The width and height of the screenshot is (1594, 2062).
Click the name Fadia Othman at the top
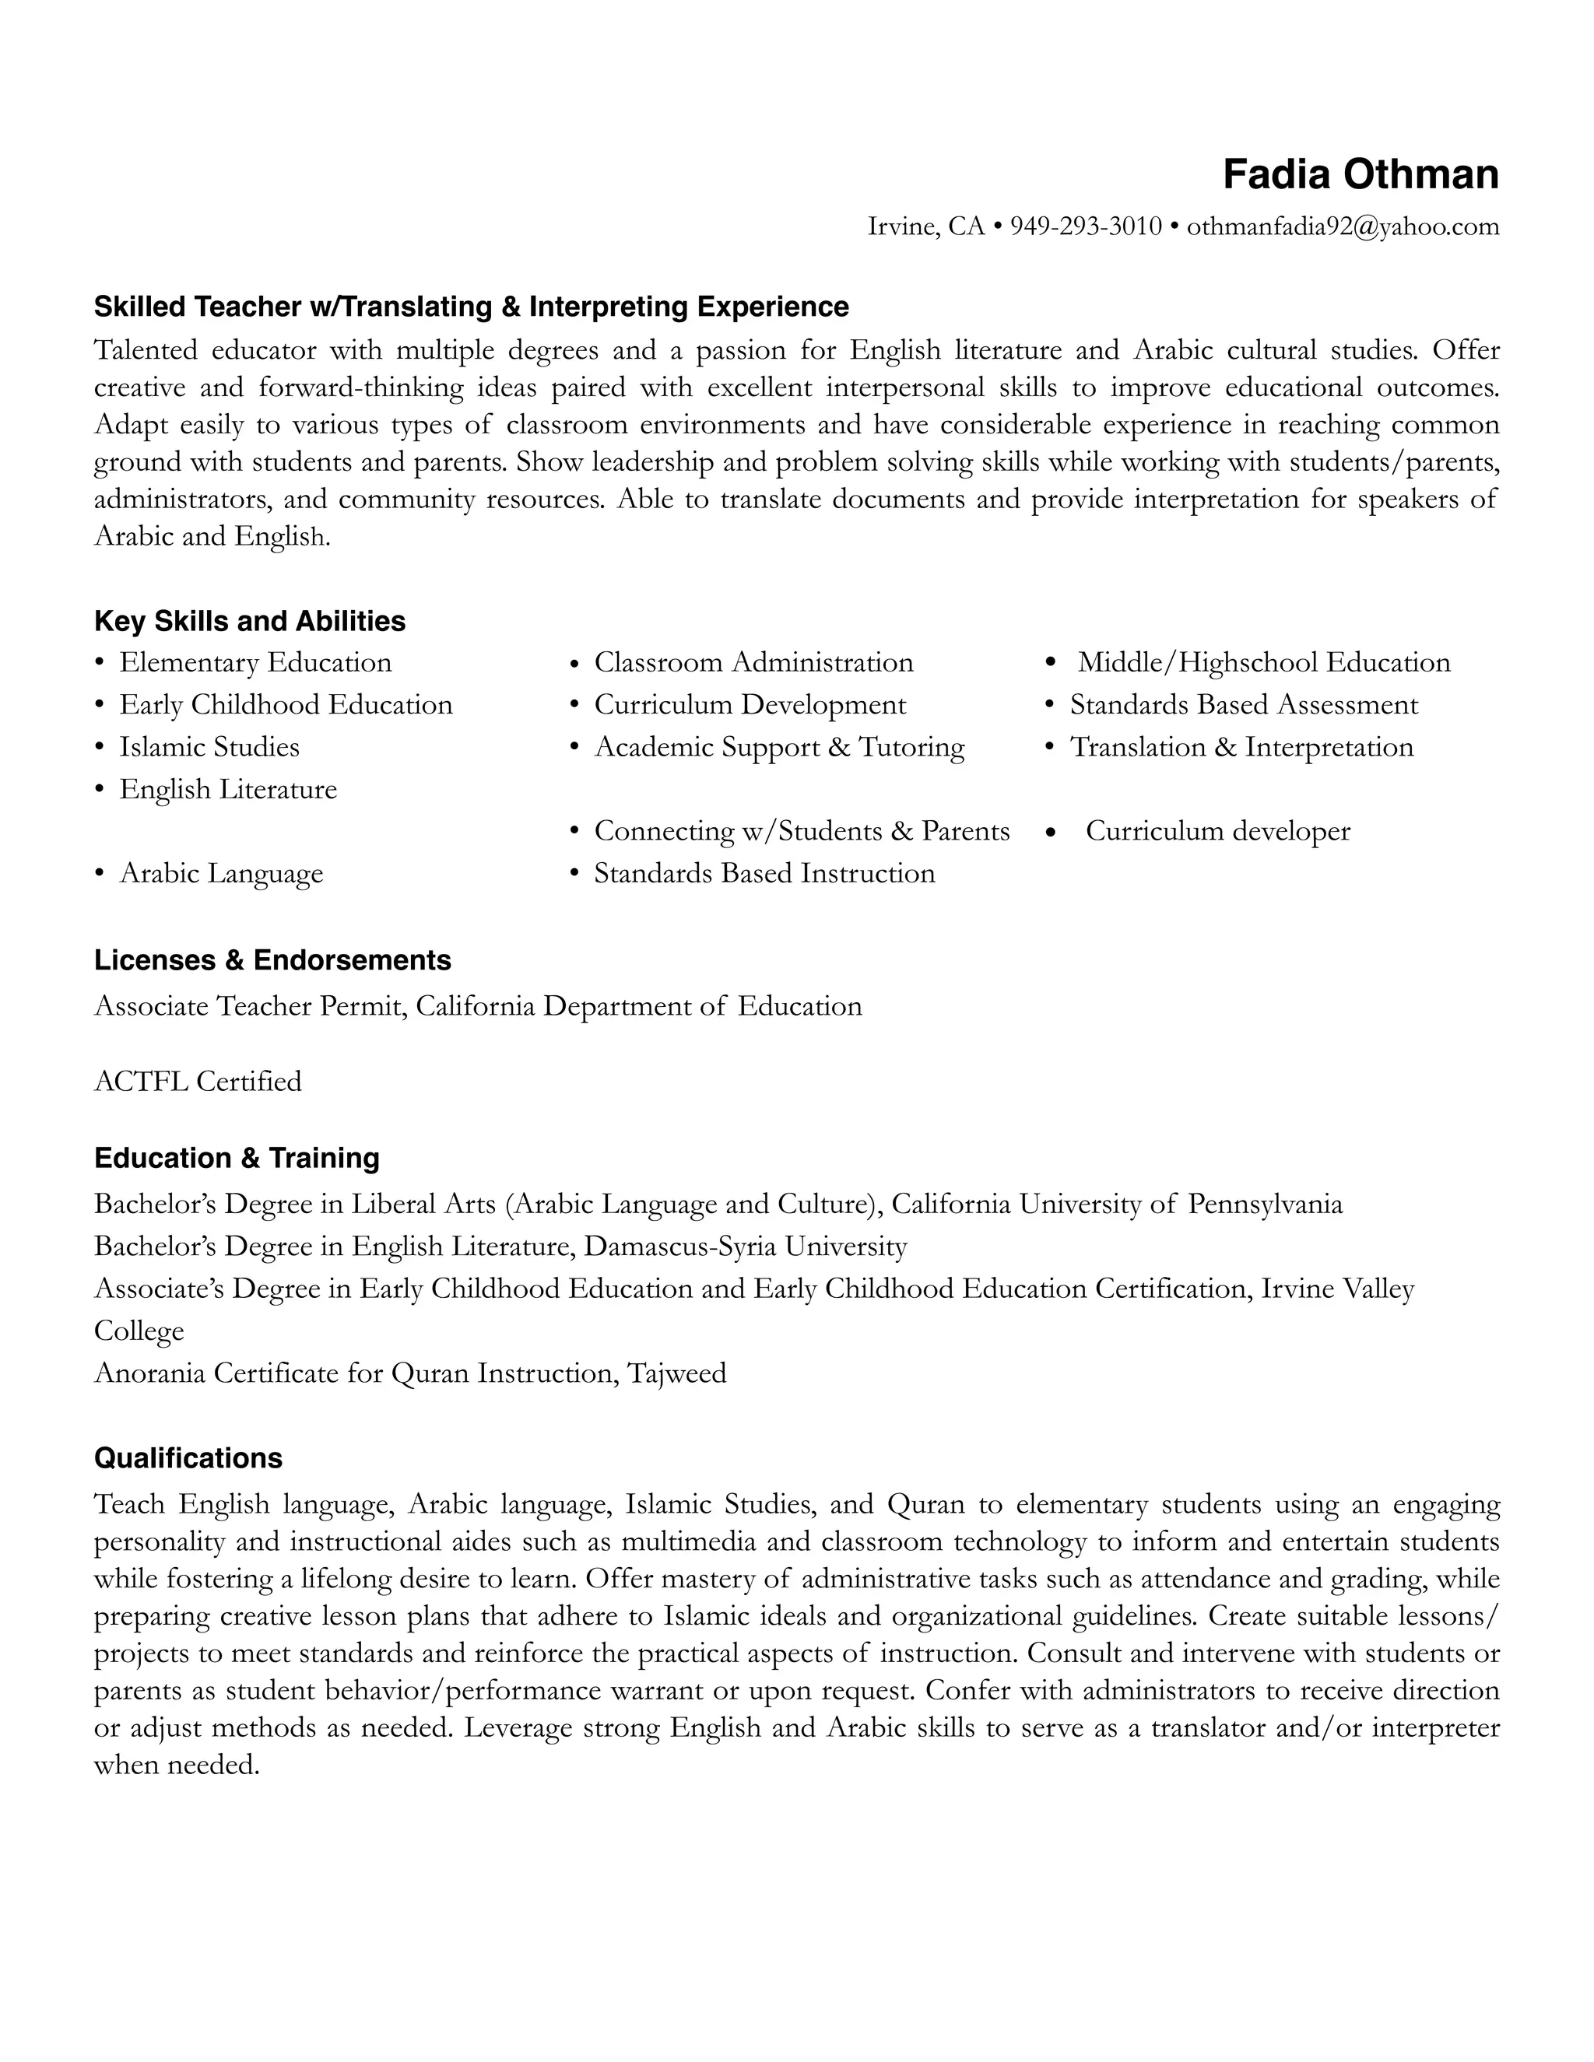[x=1360, y=174]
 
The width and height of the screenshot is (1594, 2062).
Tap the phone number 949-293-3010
[x=1085, y=226]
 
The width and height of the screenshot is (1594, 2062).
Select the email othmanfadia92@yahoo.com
[x=1342, y=226]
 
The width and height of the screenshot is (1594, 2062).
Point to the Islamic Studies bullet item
[x=209, y=747]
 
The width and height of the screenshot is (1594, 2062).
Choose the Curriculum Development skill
[x=749, y=704]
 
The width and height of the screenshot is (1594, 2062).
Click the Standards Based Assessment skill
[x=1243, y=704]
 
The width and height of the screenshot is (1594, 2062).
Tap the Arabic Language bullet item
[x=221, y=873]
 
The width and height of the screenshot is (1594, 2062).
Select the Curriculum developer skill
[x=1217, y=831]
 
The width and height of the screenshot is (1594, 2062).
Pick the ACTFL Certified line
[x=198, y=1081]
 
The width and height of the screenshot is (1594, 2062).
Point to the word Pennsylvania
[x=1265, y=1205]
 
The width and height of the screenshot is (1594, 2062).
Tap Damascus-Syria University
[x=745, y=1247]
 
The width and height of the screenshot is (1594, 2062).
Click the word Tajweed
[x=676, y=1373]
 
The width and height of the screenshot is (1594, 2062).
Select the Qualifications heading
[x=188, y=1459]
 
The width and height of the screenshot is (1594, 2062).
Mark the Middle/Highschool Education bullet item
[x=1263, y=663]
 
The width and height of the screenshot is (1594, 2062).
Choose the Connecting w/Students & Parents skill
[x=801, y=831]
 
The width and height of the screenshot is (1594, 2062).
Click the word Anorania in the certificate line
[x=149, y=1373]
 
